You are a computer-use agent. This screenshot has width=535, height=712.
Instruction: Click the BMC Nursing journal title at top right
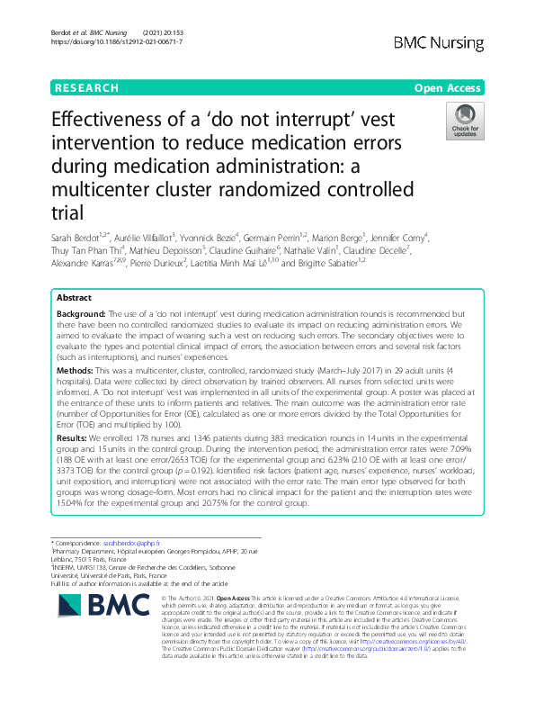tap(440, 42)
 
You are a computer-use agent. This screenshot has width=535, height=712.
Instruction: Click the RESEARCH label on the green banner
tap(86, 88)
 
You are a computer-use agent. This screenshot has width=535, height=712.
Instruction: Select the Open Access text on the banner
tap(449, 88)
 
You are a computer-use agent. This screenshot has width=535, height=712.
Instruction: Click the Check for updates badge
tap(466, 122)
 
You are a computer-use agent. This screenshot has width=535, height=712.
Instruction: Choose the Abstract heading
tap(74, 297)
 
